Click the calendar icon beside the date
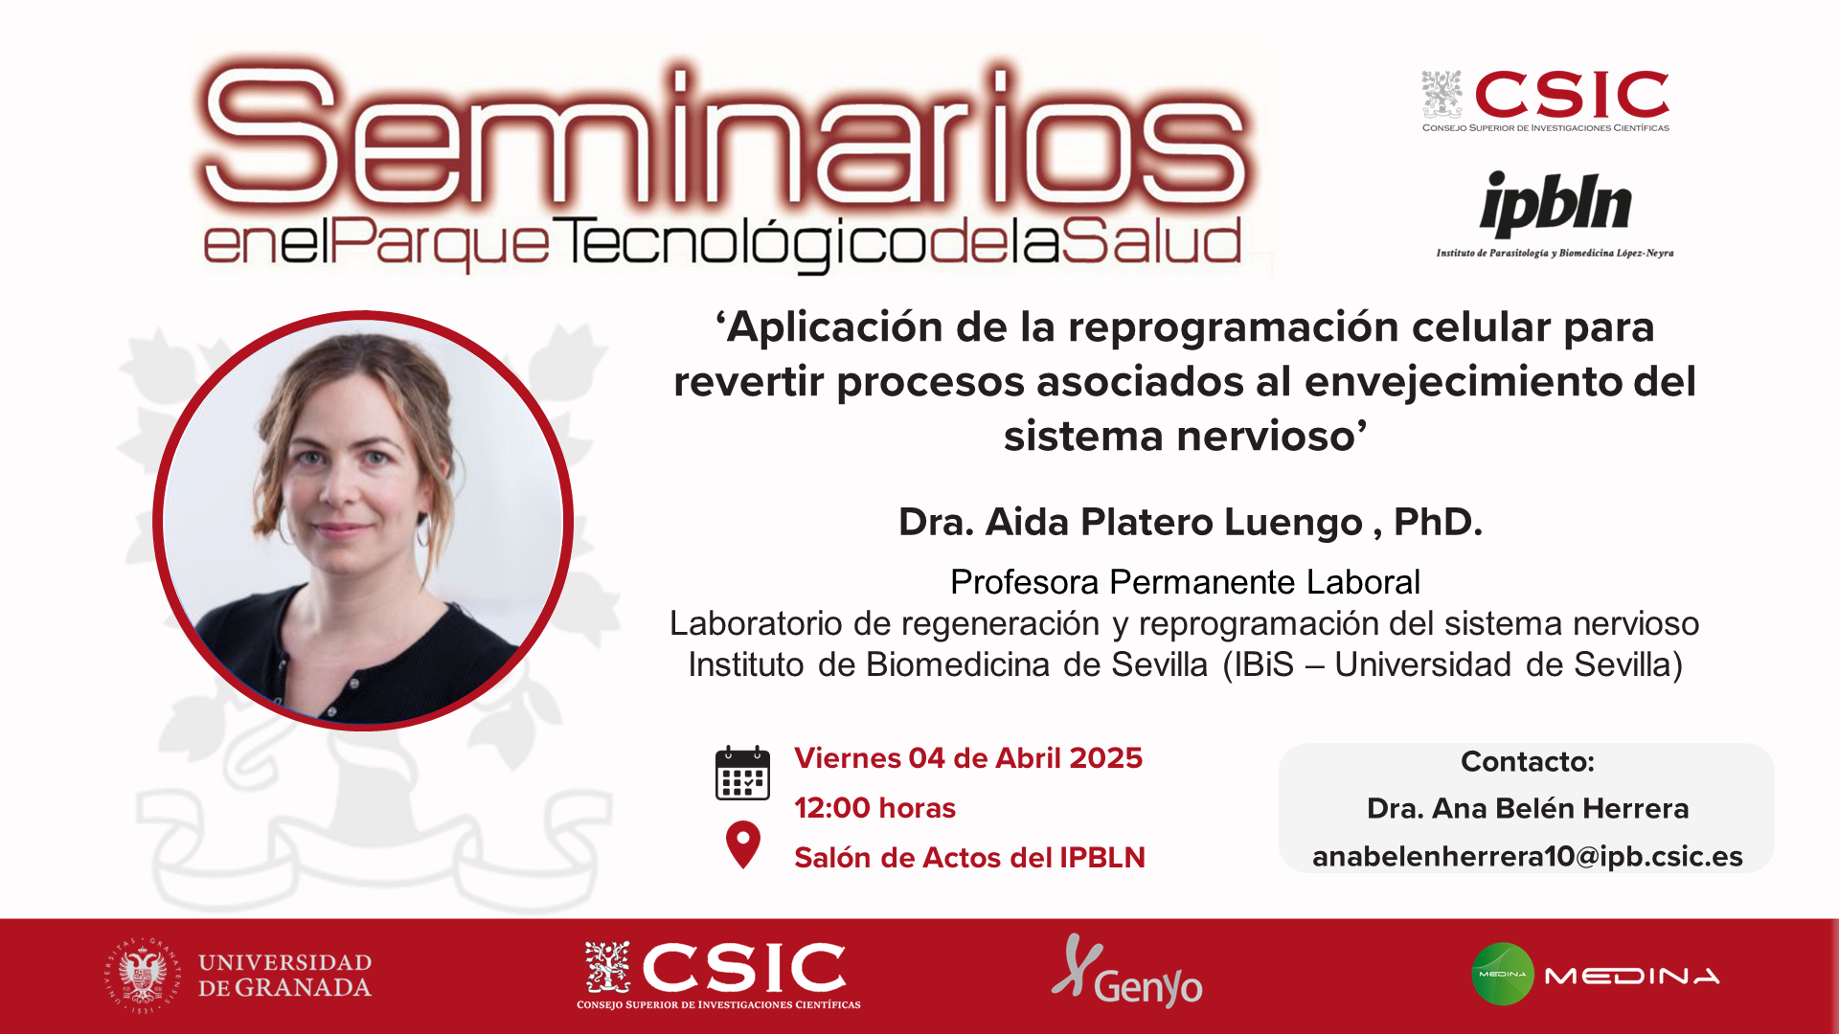742,773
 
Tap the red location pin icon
742,843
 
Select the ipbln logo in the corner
1555,214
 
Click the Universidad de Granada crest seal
143,976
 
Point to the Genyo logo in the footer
1127,971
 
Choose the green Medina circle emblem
1503,974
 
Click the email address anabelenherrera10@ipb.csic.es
1527,856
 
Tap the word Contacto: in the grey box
1527,761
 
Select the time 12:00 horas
874,807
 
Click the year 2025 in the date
1105,757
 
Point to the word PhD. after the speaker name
1438,522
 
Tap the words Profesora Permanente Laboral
1185,581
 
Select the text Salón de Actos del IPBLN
969,857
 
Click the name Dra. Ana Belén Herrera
1527,808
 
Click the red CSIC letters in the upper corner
1572,94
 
